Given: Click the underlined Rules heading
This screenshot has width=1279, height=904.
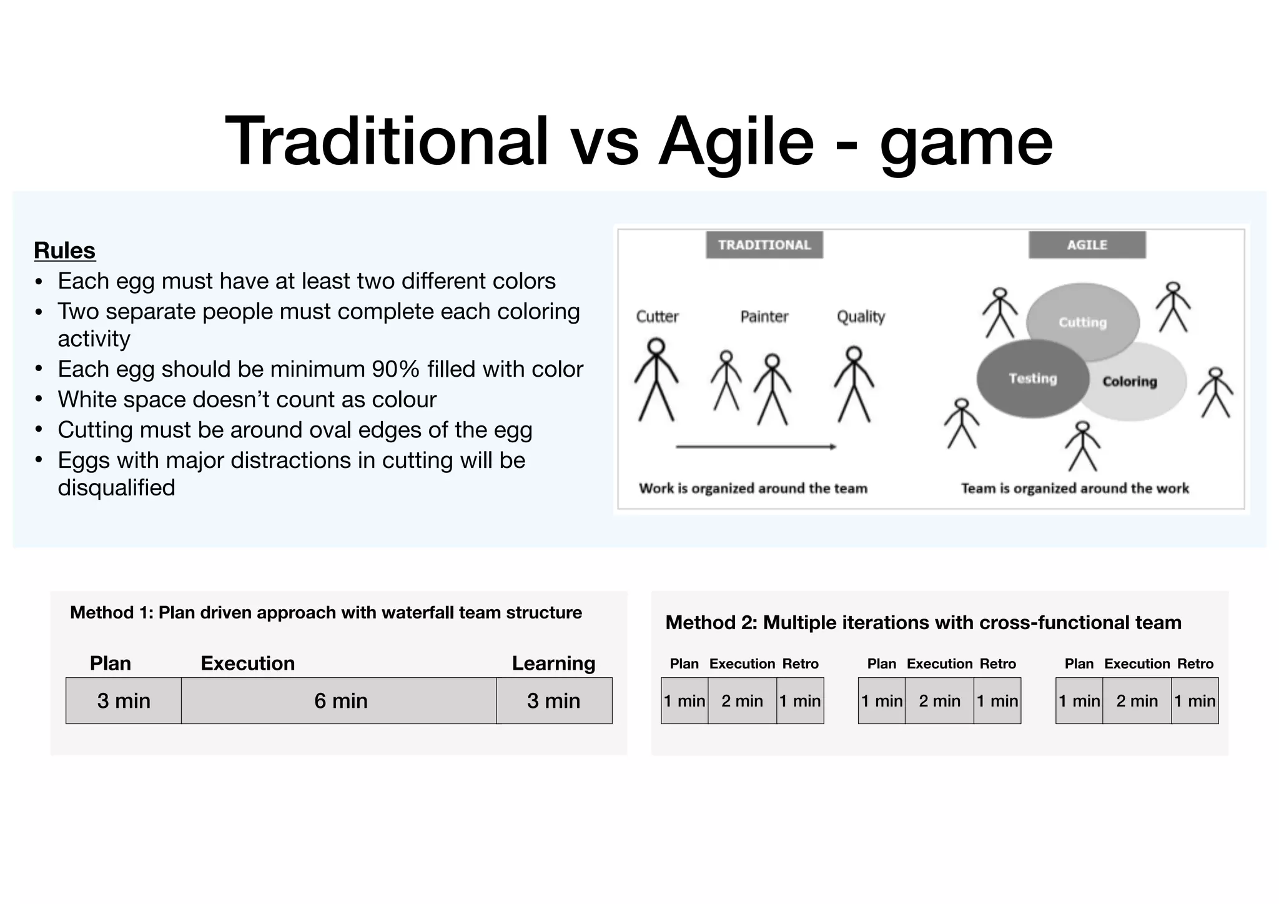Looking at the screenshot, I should point(64,251).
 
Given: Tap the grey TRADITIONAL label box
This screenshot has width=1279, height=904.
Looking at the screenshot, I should point(764,245).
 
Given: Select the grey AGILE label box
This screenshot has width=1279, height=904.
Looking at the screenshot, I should point(1087,245).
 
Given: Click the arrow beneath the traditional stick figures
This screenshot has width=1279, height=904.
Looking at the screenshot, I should point(756,447).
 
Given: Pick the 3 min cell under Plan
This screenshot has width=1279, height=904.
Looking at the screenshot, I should point(124,701).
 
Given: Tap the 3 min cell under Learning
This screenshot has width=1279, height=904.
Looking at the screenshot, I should point(554,701).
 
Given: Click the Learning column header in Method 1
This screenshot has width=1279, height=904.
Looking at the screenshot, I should point(553,663).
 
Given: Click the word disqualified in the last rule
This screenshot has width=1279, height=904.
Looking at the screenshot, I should point(116,488).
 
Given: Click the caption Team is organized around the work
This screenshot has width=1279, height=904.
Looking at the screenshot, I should point(1074,489).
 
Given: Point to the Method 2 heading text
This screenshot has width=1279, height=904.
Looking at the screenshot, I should point(923,623).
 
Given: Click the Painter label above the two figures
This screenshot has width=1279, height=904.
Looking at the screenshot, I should point(764,317).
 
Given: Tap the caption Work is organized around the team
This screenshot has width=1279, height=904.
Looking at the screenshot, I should point(753,489).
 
